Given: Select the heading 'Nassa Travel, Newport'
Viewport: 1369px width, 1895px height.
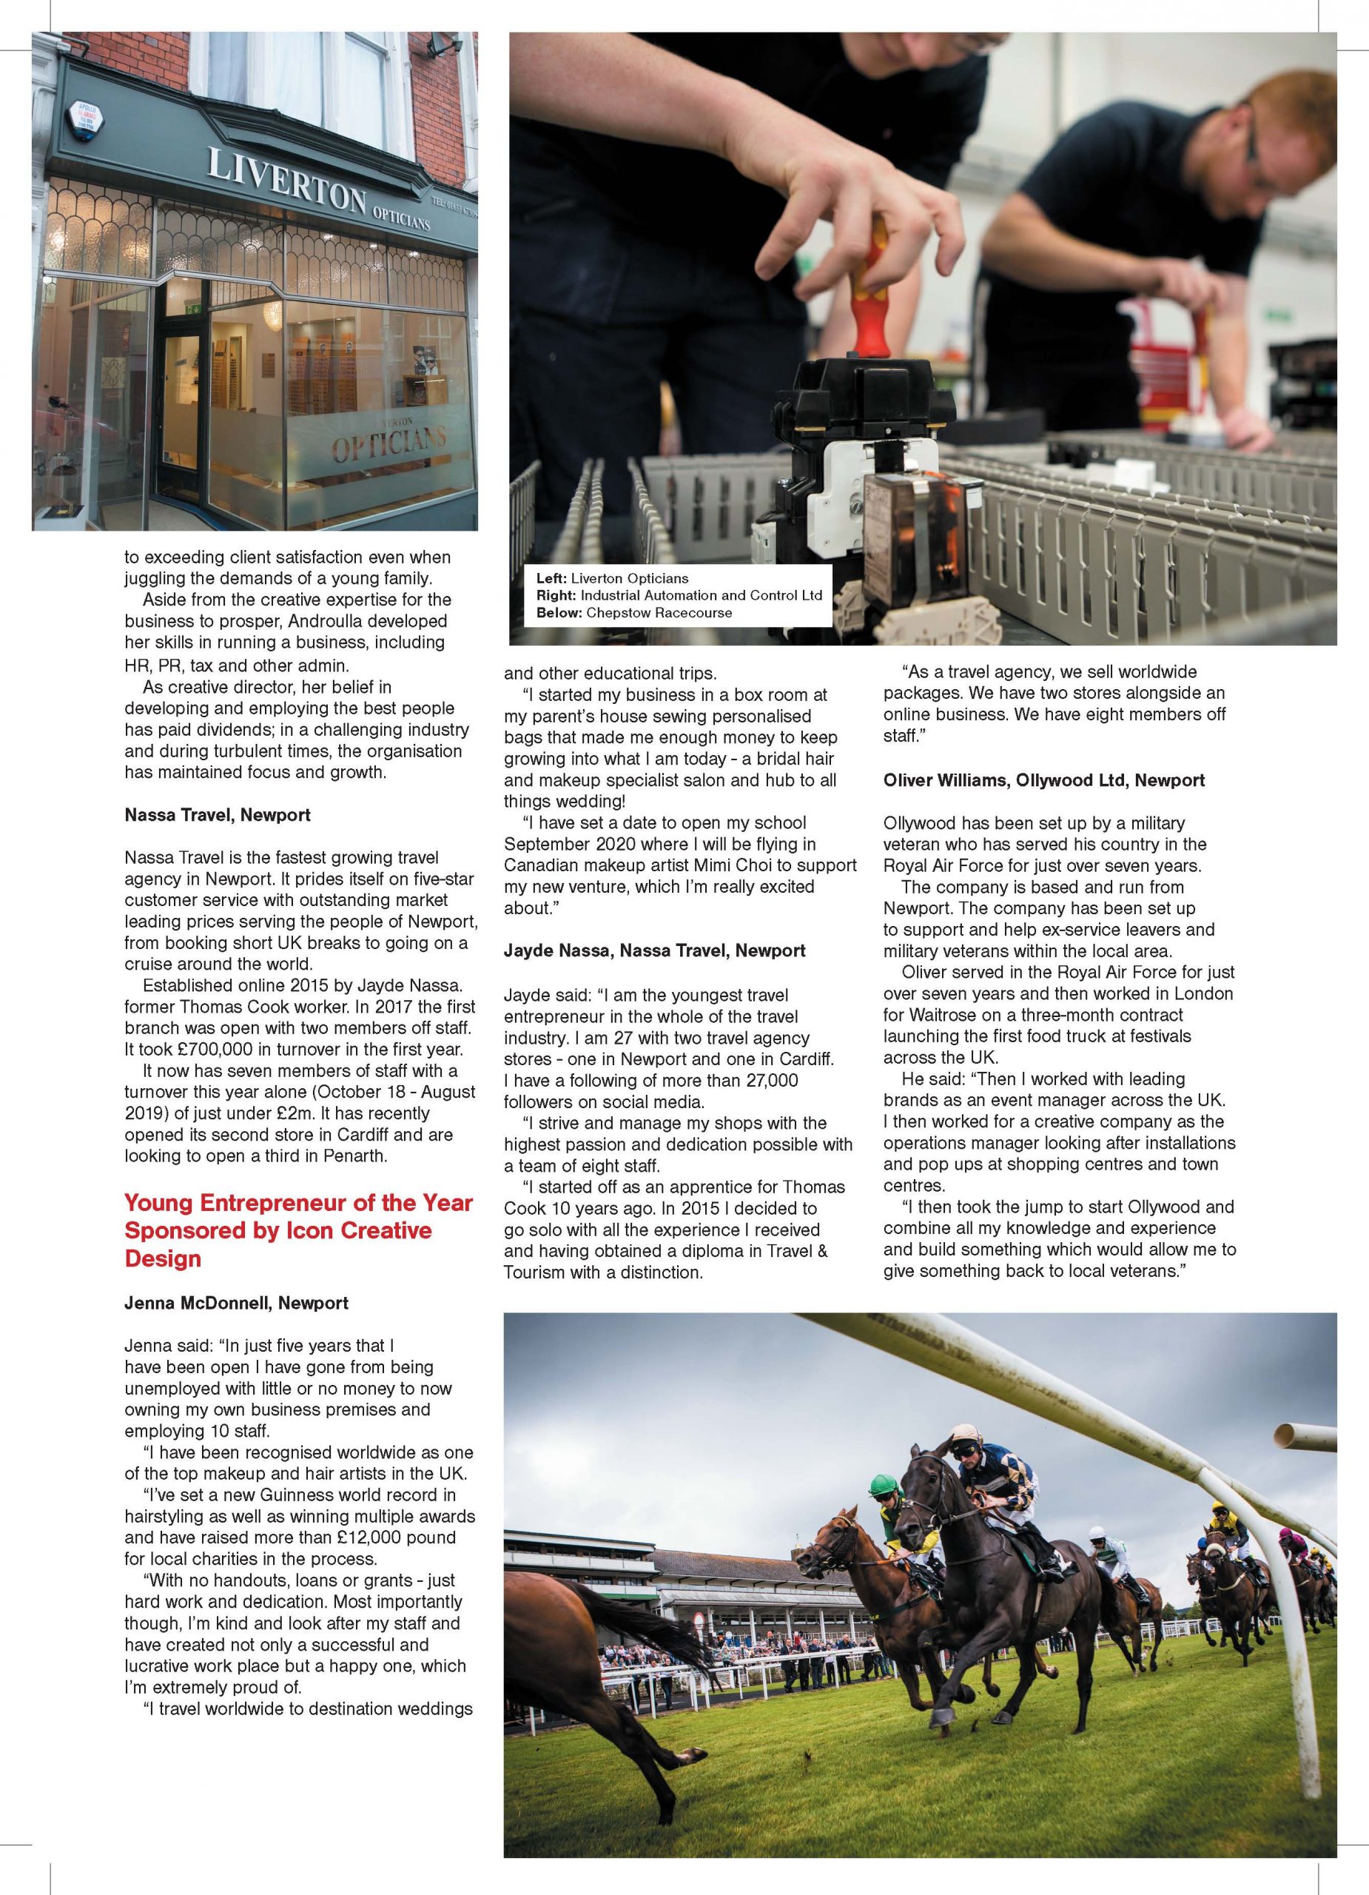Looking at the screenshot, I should (x=217, y=815).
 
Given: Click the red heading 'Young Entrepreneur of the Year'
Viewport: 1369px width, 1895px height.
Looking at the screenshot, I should (x=298, y=1203).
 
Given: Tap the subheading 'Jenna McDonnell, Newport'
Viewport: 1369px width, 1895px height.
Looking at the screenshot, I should (x=236, y=1303).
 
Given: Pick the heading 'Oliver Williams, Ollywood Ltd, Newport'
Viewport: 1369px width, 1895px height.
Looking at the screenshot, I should (x=1043, y=780).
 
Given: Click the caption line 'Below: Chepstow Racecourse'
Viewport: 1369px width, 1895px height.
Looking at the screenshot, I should (x=633, y=612).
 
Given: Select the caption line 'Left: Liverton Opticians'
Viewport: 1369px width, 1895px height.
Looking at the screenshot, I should (x=611, y=578).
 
